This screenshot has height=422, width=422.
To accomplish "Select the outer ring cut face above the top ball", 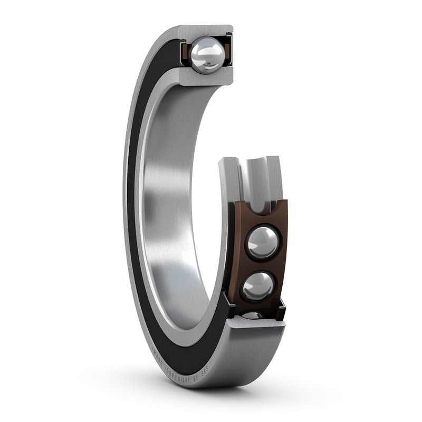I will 206,32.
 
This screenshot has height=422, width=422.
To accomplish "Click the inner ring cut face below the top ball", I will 206,77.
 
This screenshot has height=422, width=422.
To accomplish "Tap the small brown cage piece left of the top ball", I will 186,53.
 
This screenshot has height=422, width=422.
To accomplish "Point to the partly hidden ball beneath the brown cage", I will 252,315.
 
